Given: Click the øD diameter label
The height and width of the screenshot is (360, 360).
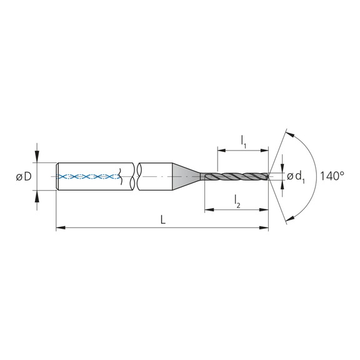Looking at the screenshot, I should tap(24, 177).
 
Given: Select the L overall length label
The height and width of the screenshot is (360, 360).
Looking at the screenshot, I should tap(162, 219).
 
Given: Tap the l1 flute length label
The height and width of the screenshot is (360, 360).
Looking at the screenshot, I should tap(243, 141).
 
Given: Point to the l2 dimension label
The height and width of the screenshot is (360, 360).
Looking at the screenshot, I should tap(237, 201).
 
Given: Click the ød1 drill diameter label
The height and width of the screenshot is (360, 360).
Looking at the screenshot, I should tap(296, 177).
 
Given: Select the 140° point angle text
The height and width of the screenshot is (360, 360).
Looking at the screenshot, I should tap(332, 176).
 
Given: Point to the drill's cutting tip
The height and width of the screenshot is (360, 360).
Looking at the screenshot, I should tap(271, 177).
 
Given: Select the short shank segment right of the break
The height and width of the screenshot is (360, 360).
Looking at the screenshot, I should tap(156, 177).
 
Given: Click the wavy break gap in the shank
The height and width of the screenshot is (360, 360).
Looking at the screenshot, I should tap(137, 177).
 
